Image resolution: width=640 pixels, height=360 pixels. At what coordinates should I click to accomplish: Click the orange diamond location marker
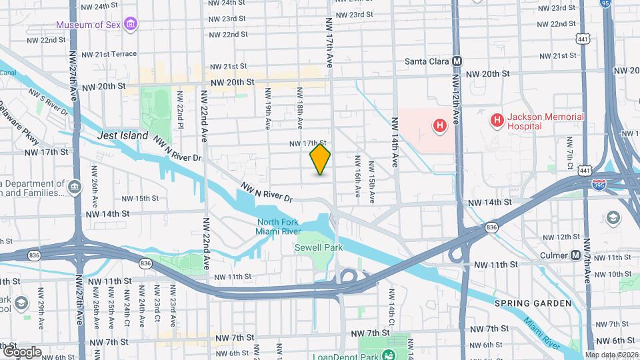[x=321, y=159]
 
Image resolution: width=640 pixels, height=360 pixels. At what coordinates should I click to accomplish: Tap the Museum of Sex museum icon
[x=131, y=25]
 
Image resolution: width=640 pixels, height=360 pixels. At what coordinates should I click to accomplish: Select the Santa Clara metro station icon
[x=457, y=61]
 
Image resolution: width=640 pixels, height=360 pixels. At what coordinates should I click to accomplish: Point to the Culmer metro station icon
[x=576, y=255]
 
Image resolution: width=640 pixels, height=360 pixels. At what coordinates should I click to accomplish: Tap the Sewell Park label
[x=319, y=247]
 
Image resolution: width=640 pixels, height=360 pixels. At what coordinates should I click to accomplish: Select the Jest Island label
[x=122, y=135]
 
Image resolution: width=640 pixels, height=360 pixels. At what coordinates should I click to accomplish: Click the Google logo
[x=21, y=351]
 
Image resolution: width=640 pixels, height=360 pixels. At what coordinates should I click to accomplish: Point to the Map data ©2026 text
[x=611, y=355]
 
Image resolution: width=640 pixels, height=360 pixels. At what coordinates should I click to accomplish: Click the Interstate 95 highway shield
[x=623, y=4]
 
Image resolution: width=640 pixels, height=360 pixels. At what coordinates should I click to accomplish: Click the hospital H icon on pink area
[x=439, y=125]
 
